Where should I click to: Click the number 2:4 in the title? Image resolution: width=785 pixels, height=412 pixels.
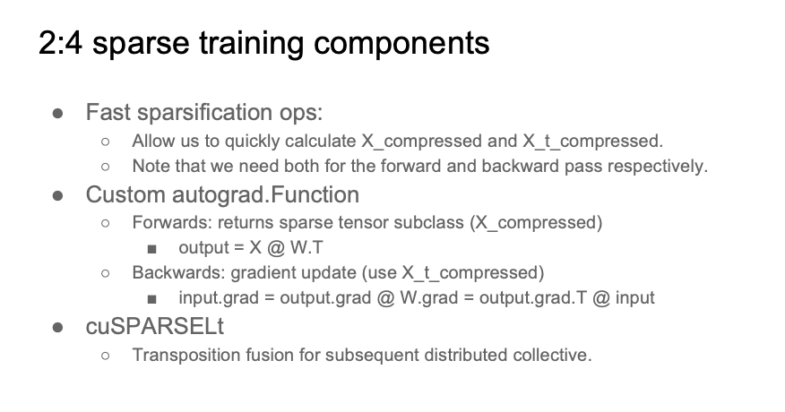click(60, 43)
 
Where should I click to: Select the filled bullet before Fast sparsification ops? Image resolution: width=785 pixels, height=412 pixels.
click(57, 114)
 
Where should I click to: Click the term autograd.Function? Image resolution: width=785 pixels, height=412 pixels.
click(266, 195)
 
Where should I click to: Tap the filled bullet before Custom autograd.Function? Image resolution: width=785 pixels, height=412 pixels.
click(57, 196)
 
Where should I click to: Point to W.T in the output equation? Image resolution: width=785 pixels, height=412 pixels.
click(306, 248)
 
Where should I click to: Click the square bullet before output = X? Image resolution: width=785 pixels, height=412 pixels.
click(152, 249)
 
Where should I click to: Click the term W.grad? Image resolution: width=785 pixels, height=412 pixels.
click(429, 298)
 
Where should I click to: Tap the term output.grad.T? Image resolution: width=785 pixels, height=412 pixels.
click(532, 298)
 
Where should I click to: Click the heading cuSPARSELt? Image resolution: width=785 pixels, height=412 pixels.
click(155, 327)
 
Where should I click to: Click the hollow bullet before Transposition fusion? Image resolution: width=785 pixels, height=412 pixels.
click(105, 356)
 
